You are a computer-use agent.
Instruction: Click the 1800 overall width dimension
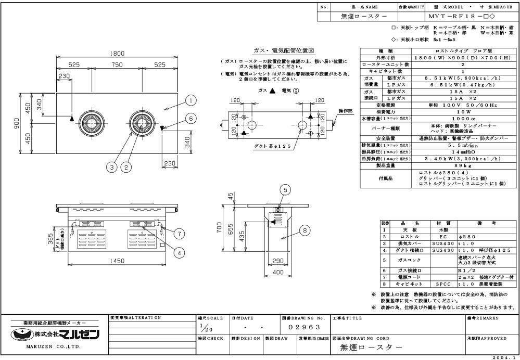point(116,54)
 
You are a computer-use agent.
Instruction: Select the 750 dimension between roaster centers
point(117,65)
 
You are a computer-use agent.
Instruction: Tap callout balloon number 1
point(191,100)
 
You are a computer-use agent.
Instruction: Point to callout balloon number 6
point(191,119)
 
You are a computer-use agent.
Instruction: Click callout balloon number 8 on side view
point(306,229)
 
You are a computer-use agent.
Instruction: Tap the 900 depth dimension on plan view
point(16,124)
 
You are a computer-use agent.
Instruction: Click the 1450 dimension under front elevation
point(117,261)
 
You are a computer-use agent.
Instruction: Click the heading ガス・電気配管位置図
point(284,50)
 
